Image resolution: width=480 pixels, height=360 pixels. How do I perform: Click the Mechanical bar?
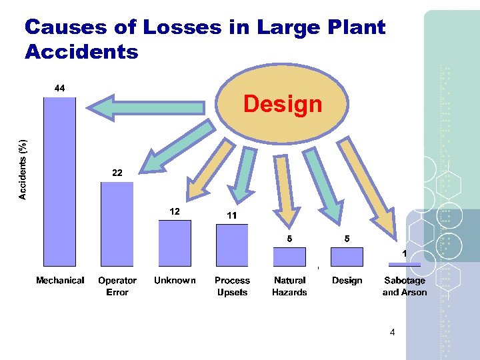click(x=59, y=182)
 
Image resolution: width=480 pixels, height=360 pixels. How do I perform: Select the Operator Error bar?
click(x=117, y=224)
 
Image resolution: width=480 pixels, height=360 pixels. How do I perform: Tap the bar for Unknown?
click(x=175, y=243)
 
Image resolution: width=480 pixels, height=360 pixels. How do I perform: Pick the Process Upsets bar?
click(x=232, y=245)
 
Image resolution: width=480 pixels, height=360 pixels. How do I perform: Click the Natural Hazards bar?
click(x=289, y=257)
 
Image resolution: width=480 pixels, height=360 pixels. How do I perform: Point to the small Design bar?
click(x=347, y=257)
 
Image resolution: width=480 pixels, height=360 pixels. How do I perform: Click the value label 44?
click(x=59, y=89)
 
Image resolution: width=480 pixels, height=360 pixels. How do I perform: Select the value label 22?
click(x=117, y=173)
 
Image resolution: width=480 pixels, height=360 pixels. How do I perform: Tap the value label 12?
click(x=174, y=211)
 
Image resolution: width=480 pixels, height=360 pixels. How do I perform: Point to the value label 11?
click(x=232, y=215)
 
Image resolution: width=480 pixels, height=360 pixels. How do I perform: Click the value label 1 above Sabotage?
click(x=405, y=254)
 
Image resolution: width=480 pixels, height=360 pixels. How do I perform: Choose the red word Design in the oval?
click(x=283, y=104)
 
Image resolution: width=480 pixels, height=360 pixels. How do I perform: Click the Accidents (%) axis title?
click(x=23, y=169)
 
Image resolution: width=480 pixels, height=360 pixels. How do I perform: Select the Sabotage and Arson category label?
click(x=405, y=287)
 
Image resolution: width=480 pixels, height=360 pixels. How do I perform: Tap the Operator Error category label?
click(x=117, y=287)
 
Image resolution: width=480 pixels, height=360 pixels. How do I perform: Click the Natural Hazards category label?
click(x=289, y=287)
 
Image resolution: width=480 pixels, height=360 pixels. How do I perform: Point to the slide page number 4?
click(x=392, y=332)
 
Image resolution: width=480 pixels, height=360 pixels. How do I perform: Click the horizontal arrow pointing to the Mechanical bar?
click(x=146, y=107)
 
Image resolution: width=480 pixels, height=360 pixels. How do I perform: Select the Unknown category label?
click(x=175, y=281)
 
